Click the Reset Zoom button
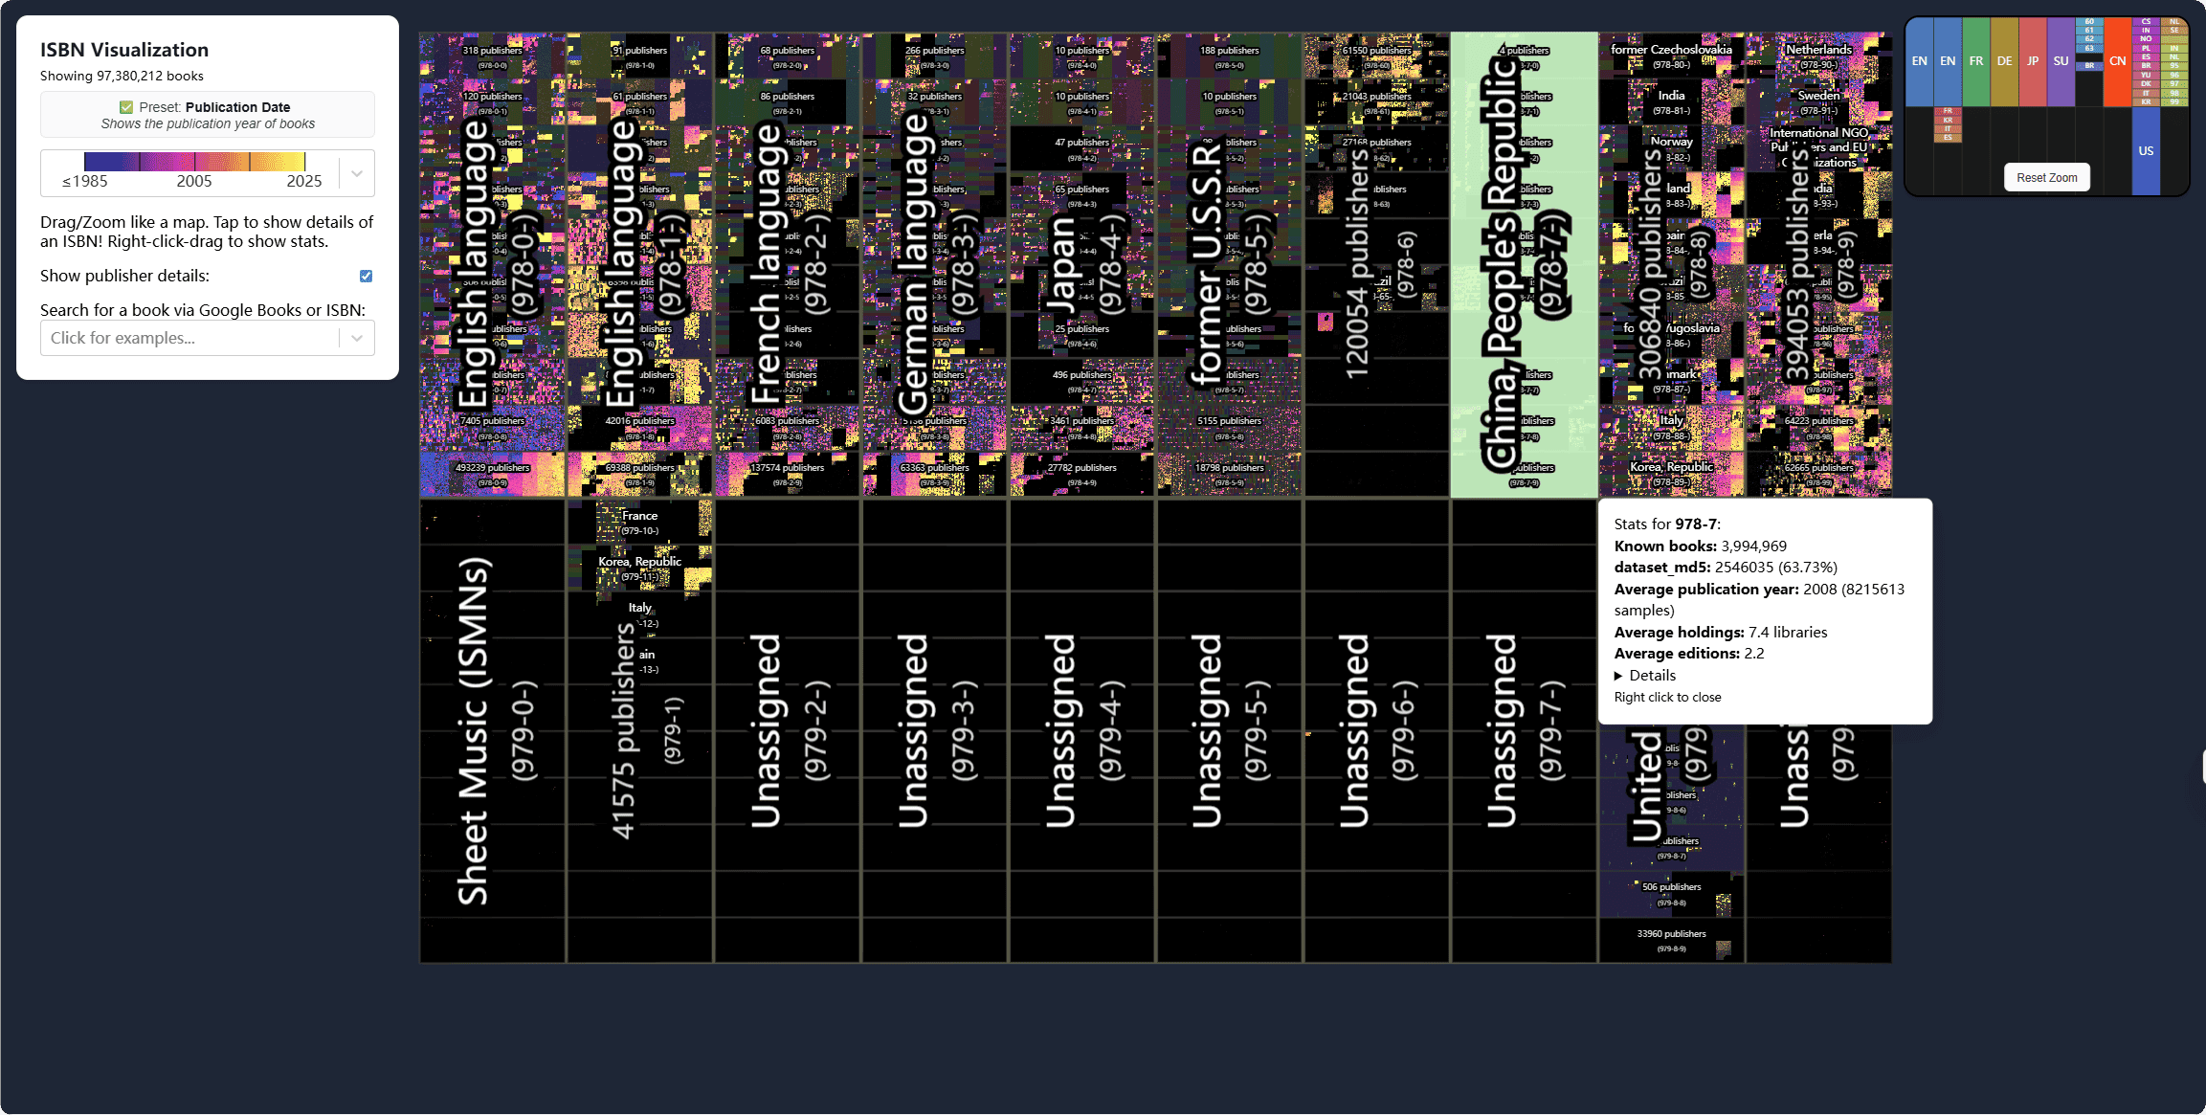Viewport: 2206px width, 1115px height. point(2046,177)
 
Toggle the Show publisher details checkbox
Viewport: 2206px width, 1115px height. point(366,276)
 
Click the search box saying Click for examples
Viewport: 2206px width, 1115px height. point(189,338)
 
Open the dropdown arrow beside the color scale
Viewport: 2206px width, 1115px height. point(357,173)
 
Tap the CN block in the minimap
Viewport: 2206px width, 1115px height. point(2117,60)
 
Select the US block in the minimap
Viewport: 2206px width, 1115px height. point(2146,150)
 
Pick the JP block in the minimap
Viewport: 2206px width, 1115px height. point(2033,60)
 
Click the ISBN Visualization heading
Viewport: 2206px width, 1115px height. point(124,50)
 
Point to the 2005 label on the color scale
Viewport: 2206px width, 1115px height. point(194,181)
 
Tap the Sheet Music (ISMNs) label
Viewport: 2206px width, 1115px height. point(473,731)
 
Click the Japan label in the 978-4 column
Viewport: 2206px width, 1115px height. point(1063,263)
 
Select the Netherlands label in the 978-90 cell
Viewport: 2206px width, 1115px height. point(1818,49)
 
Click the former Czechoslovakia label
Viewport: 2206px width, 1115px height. point(1671,49)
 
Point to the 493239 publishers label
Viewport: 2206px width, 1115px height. point(492,468)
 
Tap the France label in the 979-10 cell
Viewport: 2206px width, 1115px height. point(640,515)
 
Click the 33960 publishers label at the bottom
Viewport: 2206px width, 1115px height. point(1671,934)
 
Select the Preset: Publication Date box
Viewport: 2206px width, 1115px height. point(208,115)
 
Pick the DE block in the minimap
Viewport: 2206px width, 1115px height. point(2004,60)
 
